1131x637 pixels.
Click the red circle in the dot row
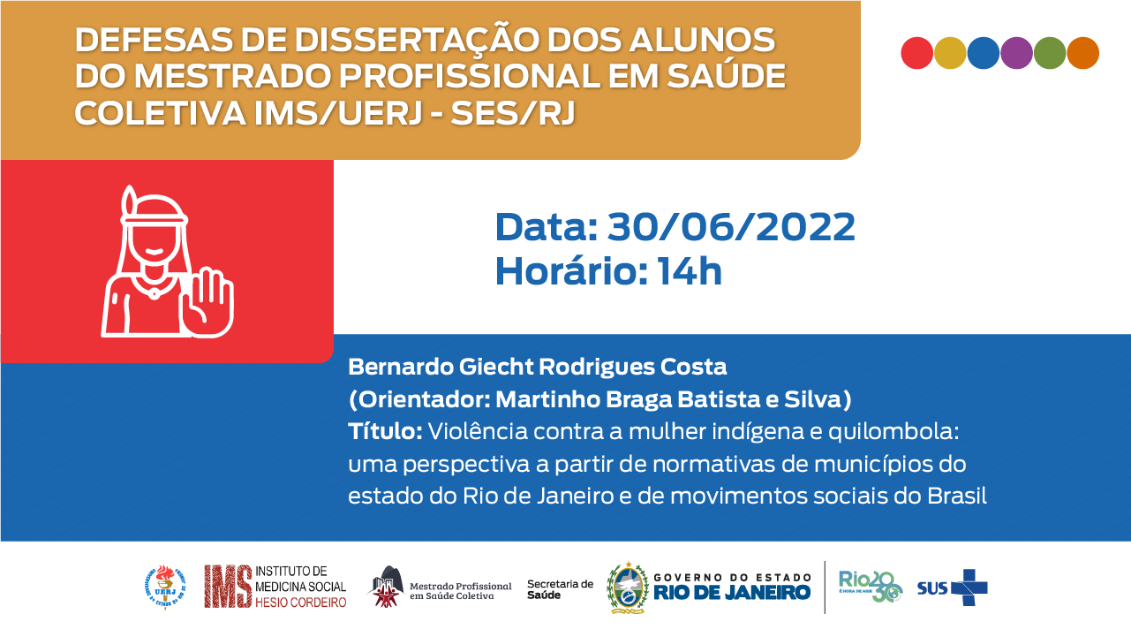[x=916, y=53]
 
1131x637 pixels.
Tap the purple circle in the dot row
[x=1016, y=53]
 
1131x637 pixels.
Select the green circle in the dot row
[x=1050, y=53]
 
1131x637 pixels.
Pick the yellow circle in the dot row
[x=950, y=53]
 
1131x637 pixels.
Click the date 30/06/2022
[x=731, y=227]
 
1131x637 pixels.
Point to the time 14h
[x=690, y=270]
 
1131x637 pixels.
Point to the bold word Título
[x=386, y=432]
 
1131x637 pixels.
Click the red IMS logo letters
[x=227, y=587]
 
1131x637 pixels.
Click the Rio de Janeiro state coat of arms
[x=627, y=588]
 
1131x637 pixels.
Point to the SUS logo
[x=952, y=588]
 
